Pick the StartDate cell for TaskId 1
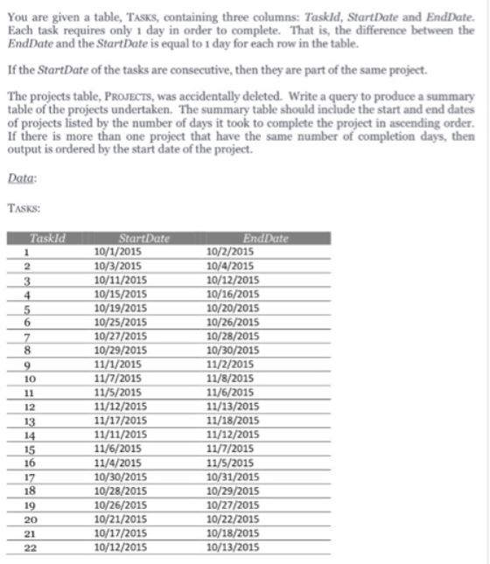117,249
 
